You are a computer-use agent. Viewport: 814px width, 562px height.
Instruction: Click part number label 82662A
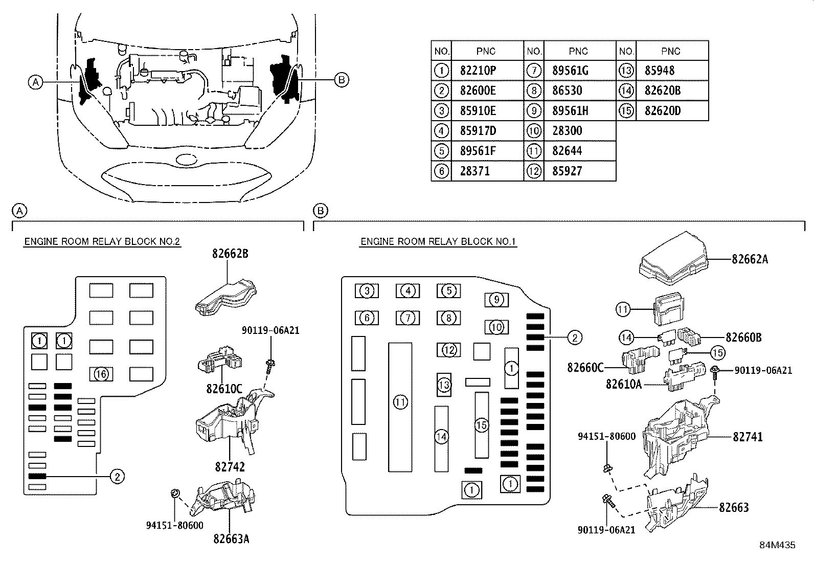(x=750, y=259)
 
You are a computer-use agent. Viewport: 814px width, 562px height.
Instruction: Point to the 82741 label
(x=748, y=437)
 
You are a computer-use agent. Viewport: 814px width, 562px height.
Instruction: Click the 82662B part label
(x=230, y=253)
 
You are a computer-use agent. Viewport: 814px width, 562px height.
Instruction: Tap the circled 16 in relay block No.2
(x=101, y=374)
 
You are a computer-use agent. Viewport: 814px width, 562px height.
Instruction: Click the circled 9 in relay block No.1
(x=496, y=300)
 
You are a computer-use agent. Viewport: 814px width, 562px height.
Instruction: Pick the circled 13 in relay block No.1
(x=444, y=385)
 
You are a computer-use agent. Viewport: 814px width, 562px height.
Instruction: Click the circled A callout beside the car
(x=35, y=81)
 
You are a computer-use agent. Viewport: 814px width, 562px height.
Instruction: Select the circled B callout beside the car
(x=342, y=79)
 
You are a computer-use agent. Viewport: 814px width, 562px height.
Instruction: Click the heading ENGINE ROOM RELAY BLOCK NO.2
(x=102, y=242)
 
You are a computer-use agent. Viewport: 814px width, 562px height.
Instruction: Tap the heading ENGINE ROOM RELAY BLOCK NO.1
(x=438, y=242)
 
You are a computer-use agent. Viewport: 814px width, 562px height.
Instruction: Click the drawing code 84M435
(x=777, y=545)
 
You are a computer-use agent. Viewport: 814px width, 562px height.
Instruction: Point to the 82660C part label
(x=585, y=367)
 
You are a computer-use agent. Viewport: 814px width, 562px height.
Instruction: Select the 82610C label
(x=224, y=389)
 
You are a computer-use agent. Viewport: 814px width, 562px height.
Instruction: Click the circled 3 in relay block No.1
(x=367, y=291)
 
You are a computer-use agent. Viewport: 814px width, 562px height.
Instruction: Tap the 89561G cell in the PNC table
(x=570, y=71)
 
